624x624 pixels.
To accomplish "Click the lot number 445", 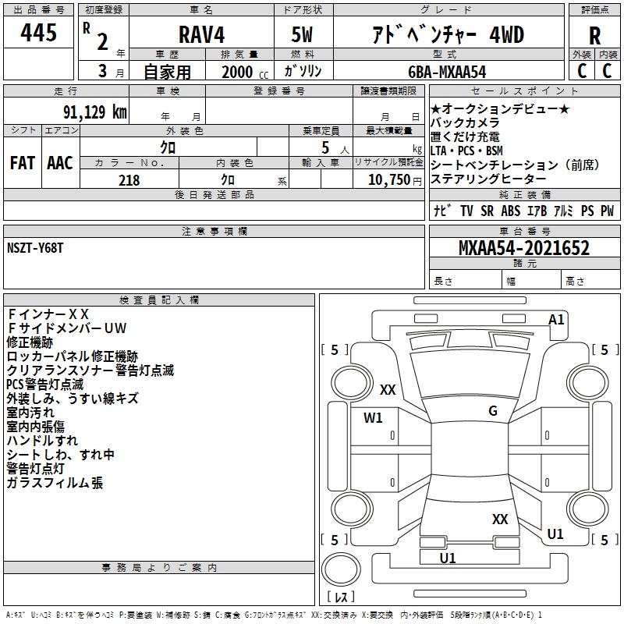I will pos(39,33).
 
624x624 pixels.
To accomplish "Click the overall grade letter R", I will pos(594,36).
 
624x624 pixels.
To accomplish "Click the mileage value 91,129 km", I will pos(93,111).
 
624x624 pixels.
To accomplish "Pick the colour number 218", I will pos(129,180).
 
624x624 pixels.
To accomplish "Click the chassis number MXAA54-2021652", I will pos(523,249).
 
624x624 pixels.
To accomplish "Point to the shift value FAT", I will pos(23,163).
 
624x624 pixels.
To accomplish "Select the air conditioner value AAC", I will pos(59,163).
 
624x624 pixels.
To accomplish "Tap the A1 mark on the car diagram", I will pos(556,320).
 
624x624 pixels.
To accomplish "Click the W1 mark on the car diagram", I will pos(374,417).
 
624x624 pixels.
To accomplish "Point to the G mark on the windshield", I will pos(492,411).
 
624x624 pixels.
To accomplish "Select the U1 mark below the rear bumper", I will pos(448,558).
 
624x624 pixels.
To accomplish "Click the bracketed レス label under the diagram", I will pos(341,597).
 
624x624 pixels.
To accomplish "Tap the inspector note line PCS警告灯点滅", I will pos(44,385).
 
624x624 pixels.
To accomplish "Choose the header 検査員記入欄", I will pos(159,300).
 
